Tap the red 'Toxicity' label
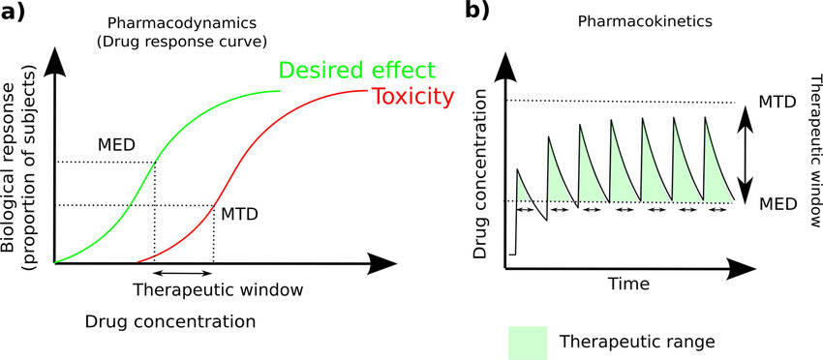tap(411, 98)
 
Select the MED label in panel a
tap(116, 143)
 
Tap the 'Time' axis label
tap(628, 284)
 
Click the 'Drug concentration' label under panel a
tap(170, 321)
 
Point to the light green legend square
tap(528, 343)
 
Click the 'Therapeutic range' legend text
tap(637, 343)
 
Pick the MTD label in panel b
tap(777, 103)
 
